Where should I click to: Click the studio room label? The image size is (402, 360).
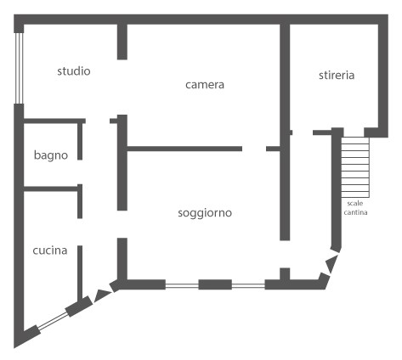(74, 71)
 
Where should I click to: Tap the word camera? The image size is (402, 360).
(205, 85)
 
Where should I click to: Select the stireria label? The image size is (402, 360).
(337, 76)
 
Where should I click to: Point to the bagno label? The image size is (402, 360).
(51, 155)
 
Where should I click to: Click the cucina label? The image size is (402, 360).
(50, 250)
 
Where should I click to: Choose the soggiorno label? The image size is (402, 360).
(205, 213)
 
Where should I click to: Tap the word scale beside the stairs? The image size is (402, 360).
(355, 203)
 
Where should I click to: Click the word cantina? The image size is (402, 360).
(355, 212)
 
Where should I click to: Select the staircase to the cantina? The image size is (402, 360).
(355, 167)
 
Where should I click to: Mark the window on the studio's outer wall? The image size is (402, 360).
(19, 68)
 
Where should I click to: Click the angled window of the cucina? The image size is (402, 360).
(53, 322)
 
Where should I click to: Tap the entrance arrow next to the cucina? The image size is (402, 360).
(102, 295)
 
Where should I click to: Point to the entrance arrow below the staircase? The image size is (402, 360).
(331, 263)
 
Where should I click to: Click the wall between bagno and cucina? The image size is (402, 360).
(51, 188)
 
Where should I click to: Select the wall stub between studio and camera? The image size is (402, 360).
(122, 42)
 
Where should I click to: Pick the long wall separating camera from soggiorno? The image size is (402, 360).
(184, 149)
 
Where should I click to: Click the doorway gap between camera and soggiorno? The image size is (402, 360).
(254, 149)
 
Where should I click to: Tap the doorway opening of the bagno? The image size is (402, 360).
(80, 172)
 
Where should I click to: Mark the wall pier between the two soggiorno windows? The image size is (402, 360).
(215, 284)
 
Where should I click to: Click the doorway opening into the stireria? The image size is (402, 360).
(303, 132)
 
